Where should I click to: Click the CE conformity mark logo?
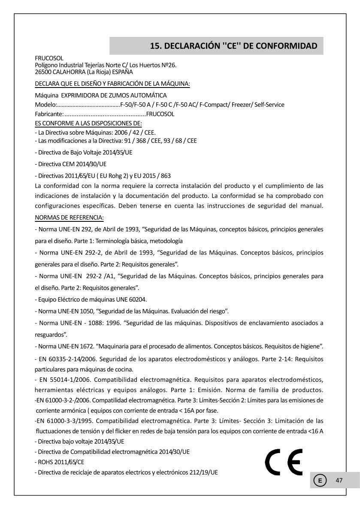284,462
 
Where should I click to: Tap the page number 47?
339,480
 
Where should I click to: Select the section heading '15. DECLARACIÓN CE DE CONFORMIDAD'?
234,46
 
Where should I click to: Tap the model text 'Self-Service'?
269,105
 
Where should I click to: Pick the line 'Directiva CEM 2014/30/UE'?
71,164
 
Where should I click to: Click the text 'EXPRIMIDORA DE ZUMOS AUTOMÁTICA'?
114,95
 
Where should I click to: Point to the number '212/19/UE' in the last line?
203,472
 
